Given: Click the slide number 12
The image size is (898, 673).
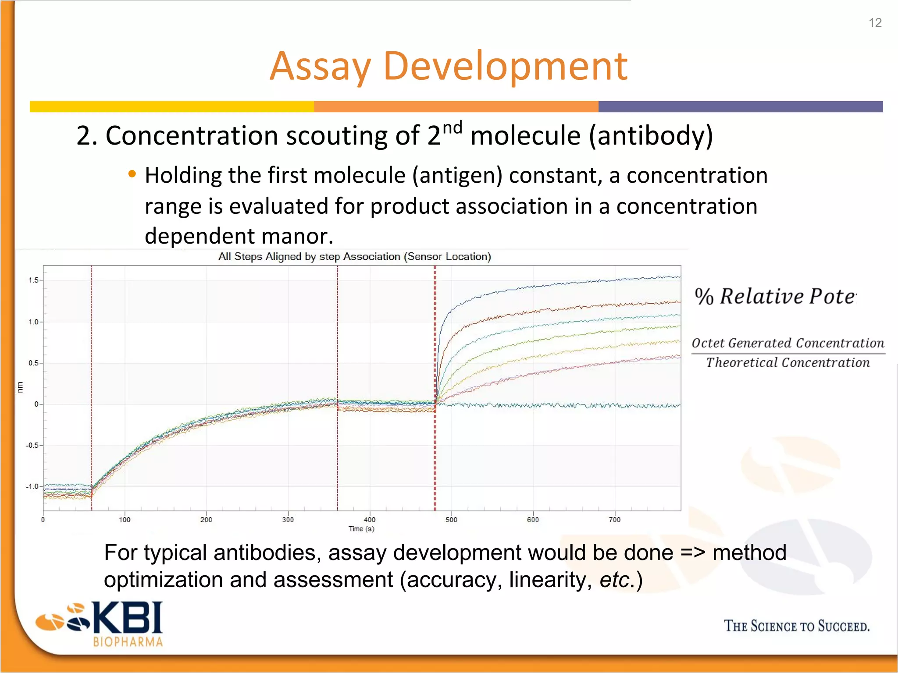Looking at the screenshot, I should tap(875, 23).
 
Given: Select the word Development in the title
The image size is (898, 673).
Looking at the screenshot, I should tap(505, 67).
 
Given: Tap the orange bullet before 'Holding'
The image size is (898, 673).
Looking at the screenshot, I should tap(132, 174).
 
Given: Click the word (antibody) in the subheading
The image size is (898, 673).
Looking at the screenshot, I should tap(651, 136).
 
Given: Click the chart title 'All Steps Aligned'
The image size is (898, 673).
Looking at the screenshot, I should tap(354, 256).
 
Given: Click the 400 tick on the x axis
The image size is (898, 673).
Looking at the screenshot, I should tap(370, 520).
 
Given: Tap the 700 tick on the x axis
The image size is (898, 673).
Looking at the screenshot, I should tap(614, 520).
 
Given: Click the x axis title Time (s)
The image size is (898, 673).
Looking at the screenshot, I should tap(361, 529).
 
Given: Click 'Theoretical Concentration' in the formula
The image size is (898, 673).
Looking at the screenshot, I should tap(788, 363).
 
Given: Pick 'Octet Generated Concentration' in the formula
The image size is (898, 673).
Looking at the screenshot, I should tap(788, 343).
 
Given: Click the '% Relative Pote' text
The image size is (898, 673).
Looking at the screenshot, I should tap(775, 297).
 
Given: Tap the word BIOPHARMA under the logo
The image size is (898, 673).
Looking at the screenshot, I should tap(128, 642).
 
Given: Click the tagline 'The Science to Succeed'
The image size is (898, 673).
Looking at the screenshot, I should tap(796, 626).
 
